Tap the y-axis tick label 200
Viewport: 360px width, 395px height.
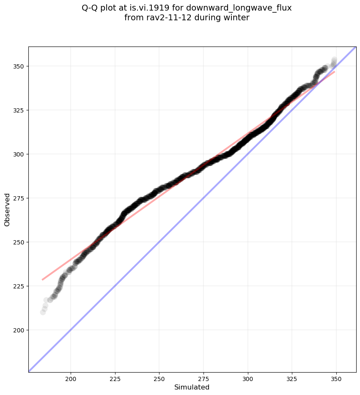pos(19,330)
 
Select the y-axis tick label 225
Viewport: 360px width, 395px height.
pos(19,286)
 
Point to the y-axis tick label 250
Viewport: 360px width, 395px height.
pos(19,242)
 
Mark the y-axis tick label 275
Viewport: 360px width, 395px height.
pos(19,198)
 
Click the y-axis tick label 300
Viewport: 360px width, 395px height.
pos(19,154)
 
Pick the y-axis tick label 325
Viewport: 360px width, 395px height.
pos(19,110)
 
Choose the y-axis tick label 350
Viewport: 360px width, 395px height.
pos(19,66)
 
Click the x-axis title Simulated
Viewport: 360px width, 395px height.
pos(192,387)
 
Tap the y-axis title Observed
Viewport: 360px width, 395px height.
pos(7,209)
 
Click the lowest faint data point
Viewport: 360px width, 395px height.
pos(43,312)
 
